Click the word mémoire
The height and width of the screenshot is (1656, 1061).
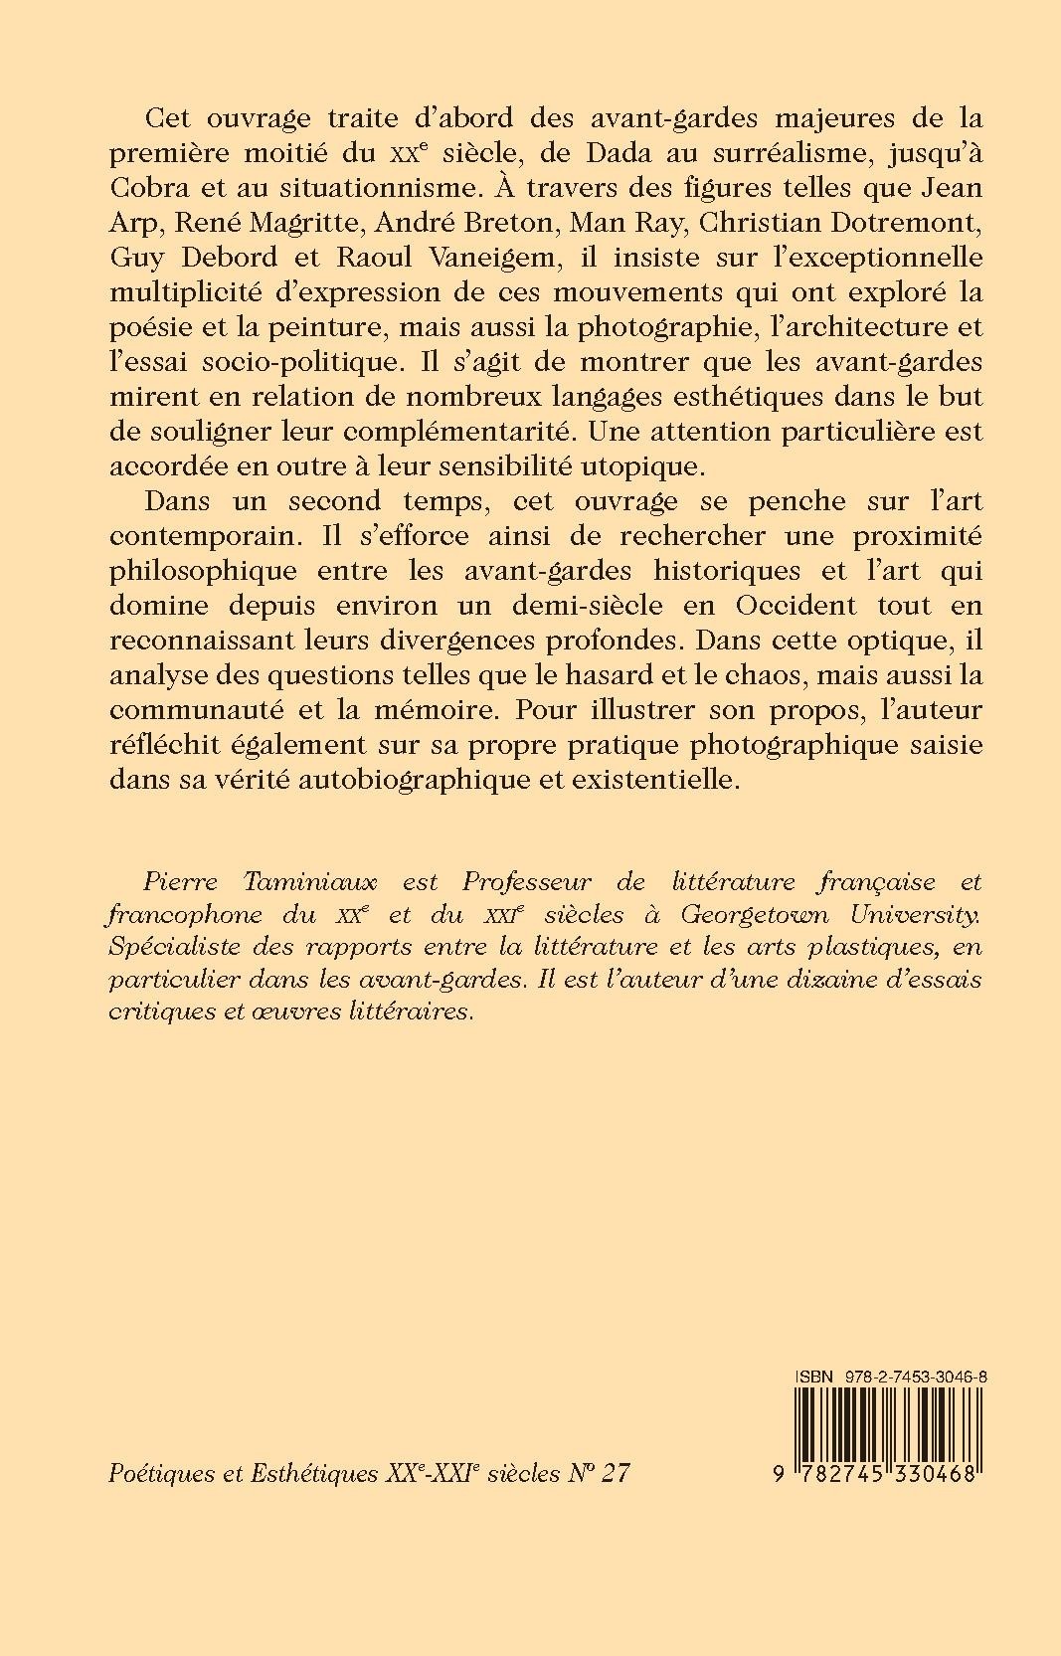pos(440,709)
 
